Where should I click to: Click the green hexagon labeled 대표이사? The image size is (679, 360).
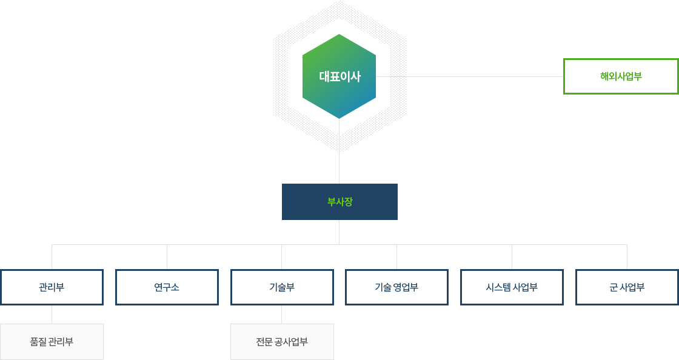click(339, 76)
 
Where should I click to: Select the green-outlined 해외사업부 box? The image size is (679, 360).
click(621, 76)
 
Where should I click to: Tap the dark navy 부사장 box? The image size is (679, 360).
click(339, 202)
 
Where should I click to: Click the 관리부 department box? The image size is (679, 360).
click(52, 287)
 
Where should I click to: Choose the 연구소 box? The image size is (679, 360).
click(167, 287)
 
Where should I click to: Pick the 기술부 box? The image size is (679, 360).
click(282, 287)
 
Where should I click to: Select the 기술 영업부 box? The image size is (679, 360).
click(396, 287)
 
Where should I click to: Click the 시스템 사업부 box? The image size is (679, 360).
click(512, 287)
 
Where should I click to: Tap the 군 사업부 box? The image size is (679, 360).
click(627, 287)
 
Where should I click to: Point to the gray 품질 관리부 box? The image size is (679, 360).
click(52, 342)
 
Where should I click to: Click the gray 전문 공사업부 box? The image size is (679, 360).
click(282, 342)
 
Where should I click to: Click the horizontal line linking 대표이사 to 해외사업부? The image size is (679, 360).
click(469, 76)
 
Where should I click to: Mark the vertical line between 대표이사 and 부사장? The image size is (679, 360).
click(339, 151)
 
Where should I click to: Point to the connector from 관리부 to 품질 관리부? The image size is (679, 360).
click(52, 315)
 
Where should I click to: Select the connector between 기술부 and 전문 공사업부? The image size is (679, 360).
click(281, 315)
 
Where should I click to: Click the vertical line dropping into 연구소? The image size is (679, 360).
click(167, 257)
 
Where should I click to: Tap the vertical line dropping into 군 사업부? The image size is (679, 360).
click(627, 257)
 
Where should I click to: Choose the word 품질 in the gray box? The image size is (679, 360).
click(38, 342)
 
